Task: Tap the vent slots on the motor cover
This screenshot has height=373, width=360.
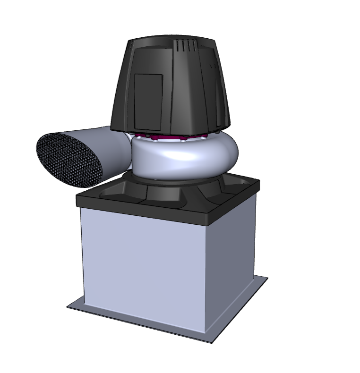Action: tap(185, 46)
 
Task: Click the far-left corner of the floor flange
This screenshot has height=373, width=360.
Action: tap(68, 307)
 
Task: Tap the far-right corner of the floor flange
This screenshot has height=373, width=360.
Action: tap(267, 278)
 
